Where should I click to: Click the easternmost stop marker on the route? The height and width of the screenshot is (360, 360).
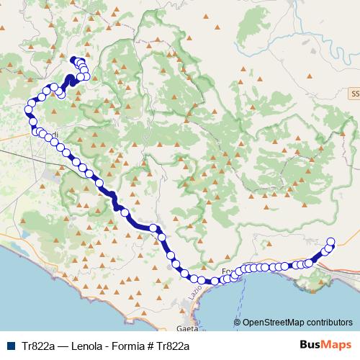(x=331, y=242)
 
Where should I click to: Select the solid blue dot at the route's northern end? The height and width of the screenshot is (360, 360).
(x=73, y=59)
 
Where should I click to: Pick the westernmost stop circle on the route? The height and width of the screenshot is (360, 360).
(x=29, y=109)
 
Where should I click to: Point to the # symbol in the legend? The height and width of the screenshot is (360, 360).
(x=162, y=346)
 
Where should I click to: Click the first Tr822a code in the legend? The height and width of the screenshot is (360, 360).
(x=36, y=346)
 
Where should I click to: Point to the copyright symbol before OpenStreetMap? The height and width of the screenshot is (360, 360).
(x=237, y=323)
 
